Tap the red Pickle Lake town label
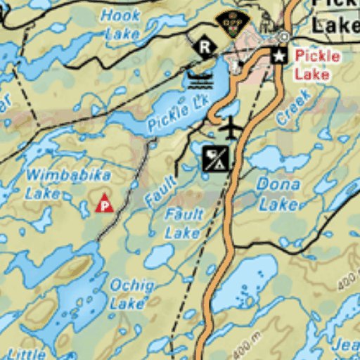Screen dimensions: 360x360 click(x=317, y=64)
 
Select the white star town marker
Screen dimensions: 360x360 click(x=279, y=55)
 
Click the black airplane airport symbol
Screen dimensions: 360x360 click(x=230, y=129)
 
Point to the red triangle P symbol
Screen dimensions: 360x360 click(x=104, y=204)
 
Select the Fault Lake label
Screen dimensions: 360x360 click(x=184, y=222)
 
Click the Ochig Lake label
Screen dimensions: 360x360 click(x=130, y=293)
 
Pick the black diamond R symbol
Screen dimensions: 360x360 click(x=205, y=47)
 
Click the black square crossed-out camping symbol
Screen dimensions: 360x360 click(x=215, y=158)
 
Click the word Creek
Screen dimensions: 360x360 click(x=293, y=107)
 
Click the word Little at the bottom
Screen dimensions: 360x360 click(x=28, y=354)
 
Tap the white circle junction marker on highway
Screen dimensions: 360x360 click(x=284, y=36)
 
